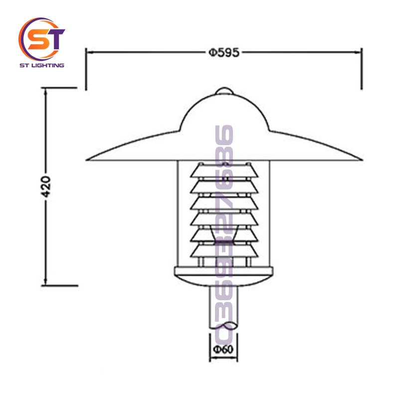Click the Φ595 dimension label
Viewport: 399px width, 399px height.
224,51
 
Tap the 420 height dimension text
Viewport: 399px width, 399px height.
46,187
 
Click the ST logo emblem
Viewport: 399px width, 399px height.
42,38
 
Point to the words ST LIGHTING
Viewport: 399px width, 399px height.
42,65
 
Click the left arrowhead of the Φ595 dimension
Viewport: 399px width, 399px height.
90,51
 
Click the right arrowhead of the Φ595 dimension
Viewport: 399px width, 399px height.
359,51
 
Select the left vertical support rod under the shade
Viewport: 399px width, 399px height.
177,214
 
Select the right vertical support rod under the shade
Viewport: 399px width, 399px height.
271,214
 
